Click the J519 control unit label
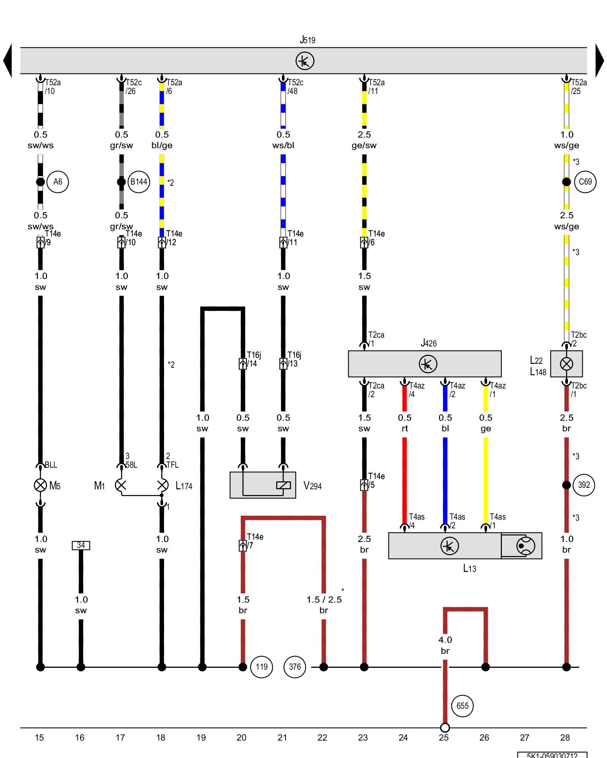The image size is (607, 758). [x=307, y=40]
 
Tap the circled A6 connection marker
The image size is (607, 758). [x=58, y=182]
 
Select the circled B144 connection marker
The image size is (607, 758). [x=138, y=182]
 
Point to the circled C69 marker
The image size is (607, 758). [x=585, y=182]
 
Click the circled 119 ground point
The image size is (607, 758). [x=261, y=667]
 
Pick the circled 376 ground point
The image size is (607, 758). [x=295, y=667]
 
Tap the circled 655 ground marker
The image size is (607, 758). [x=462, y=706]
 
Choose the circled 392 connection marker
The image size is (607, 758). [x=584, y=485]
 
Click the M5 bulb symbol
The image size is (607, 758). [x=41, y=485]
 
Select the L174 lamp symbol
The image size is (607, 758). [x=162, y=485]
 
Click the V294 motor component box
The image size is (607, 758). [x=263, y=485]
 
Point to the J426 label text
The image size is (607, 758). [x=429, y=343]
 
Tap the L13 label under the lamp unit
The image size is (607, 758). [x=469, y=568]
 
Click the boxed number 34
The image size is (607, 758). [x=81, y=545]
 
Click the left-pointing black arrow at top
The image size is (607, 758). [x=8, y=61]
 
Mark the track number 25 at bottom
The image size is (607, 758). [x=444, y=738]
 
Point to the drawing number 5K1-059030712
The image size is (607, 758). [x=552, y=755]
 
